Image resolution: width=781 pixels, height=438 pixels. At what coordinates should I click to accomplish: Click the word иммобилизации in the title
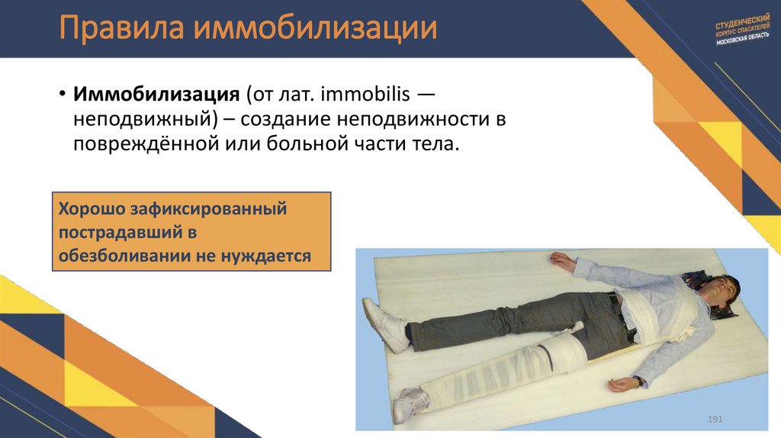coord(315,30)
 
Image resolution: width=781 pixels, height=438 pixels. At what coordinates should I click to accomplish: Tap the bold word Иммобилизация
coord(156,95)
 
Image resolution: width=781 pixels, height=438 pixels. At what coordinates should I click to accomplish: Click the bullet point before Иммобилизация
coord(61,96)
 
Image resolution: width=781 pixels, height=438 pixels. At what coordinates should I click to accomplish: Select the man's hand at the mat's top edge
coord(562,262)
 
